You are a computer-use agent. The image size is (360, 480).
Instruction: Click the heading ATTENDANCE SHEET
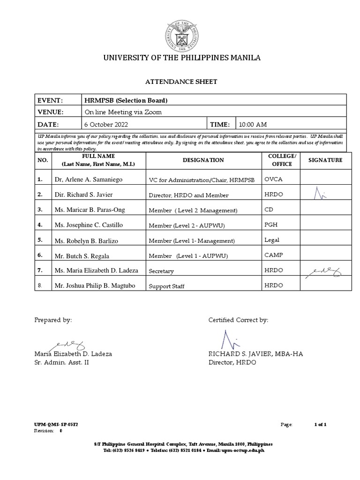click(180, 82)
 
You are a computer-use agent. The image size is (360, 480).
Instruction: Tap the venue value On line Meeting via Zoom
click(123, 112)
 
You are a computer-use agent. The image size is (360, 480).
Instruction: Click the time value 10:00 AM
click(253, 124)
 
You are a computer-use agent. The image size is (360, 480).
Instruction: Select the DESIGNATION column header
click(203, 160)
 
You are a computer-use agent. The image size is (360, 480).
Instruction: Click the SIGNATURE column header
click(325, 160)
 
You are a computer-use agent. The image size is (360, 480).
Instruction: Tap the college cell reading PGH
click(271, 225)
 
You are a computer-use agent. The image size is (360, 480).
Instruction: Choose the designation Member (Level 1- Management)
click(191, 241)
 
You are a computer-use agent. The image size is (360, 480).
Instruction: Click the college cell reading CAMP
click(274, 255)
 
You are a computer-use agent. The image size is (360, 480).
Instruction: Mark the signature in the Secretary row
click(324, 270)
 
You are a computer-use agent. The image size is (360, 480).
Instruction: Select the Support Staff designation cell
click(167, 285)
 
